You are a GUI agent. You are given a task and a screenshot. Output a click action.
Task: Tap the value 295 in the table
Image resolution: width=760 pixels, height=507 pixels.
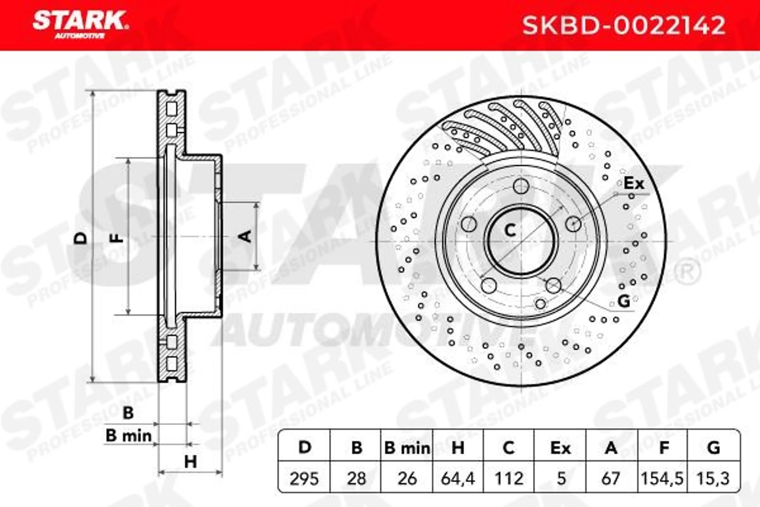(x=304, y=478)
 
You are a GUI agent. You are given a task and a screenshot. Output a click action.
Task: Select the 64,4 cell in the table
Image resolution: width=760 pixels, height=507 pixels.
(x=458, y=478)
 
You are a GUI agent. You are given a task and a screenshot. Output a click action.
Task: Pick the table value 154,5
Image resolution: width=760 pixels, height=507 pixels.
(x=662, y=478)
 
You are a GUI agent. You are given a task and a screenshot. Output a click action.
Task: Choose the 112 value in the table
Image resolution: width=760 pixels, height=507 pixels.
(x=509, y=478)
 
